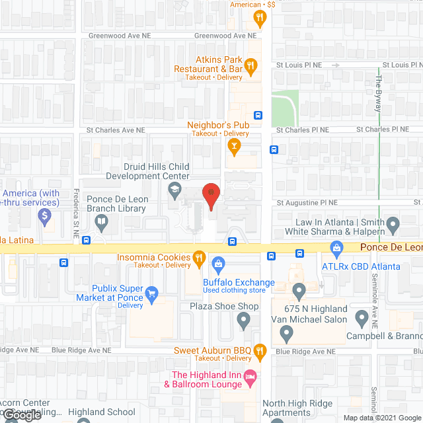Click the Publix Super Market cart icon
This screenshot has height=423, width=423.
[153, 293]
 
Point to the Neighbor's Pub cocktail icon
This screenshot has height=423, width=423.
[233, 144]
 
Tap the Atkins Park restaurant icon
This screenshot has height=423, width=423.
[250, 65]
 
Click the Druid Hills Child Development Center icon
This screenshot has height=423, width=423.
[174, 192]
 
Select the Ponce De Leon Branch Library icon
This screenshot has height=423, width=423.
[101, 223]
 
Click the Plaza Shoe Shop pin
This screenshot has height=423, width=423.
[243, 321]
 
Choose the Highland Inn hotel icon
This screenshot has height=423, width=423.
[249, 379]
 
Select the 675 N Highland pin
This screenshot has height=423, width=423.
[299, 290]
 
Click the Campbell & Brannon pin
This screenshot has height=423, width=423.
[362, 319]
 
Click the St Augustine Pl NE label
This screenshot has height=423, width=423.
[307, 203]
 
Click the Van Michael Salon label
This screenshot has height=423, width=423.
[309, 320]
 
